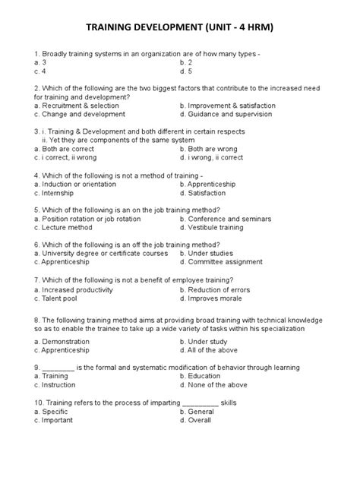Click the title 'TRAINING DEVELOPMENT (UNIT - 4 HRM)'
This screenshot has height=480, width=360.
point(180,29)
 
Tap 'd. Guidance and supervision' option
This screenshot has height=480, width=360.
point(228,115)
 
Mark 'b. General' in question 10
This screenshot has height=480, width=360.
point(198,411)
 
